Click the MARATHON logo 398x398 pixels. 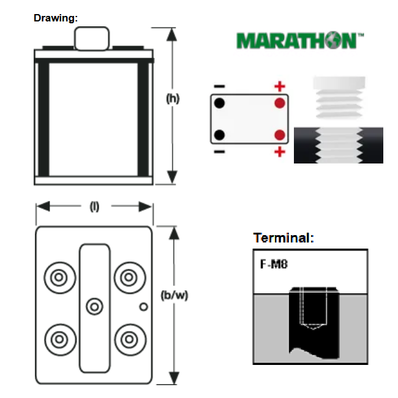pyautogui.click(x=300, y=40)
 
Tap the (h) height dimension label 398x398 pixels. pyautogui.click(x=173, y=99)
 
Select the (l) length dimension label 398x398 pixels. pyautogui.click(x=94, y=207)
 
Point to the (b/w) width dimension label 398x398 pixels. pyautogui.click(x=175, y=296)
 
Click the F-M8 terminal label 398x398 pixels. pyautogui.click(x=274, y=265)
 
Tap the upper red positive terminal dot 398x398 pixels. pyautogui.click(x=280, y=103)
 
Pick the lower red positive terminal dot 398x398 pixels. pyautogui.click(x=280, y=135)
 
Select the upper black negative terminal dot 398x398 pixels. pyautogui.click(x=220, y=103)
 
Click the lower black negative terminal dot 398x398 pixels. pyautogui.click(x=220, y=135)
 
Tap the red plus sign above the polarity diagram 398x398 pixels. pyautogui.click(x=280, y=86)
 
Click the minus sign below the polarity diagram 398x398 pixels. pyautogui.click(x=220, y=152)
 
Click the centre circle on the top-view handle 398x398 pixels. pyautogui.click(x=94, y=307)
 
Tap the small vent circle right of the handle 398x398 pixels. pyautogui.click(x=143, y=307)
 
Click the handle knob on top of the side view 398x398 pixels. pyautogui.click(x=92, y=39)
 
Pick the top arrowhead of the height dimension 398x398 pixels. pyautogui.click(x=172, y=34)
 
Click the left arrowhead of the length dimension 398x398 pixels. pyautogui.click(x=43, y=206)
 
